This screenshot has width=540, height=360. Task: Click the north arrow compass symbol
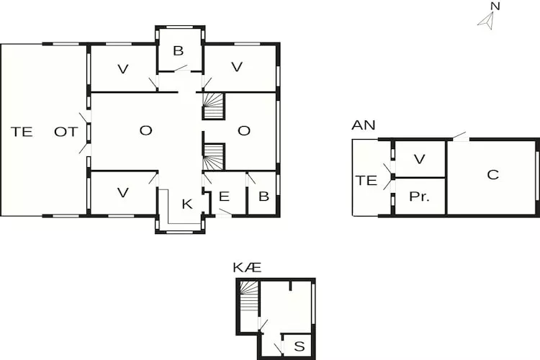pos(486,21)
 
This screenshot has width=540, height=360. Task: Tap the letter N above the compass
pos(495,6)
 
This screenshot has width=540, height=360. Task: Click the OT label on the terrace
pos(66,132)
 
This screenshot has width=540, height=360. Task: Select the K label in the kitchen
pos(187,204)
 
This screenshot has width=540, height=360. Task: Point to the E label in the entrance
pos(224,197)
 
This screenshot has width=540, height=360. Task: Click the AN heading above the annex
pos(364,125)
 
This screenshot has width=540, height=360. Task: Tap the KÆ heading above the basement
pos(247,267)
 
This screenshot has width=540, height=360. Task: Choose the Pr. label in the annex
pos(419,197)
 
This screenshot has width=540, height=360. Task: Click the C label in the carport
pos(492,175)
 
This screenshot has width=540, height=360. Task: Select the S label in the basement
pos(300,346)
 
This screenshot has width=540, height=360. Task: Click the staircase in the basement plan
pos(248,296)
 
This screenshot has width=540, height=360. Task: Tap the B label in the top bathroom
pos(179,50)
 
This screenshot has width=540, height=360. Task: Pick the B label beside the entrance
pos(264,197)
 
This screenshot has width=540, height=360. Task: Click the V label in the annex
pos(419,159)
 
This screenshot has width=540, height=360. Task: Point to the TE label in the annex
pos(366,180)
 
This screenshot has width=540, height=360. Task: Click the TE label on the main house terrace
pos(22,132)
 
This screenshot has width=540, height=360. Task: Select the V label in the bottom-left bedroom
pos(123,192)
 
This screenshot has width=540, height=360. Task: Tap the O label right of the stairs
pos(244,130)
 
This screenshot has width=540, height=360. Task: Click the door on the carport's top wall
pos(461,136)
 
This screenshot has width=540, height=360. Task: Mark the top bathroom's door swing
pos(181,68)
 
